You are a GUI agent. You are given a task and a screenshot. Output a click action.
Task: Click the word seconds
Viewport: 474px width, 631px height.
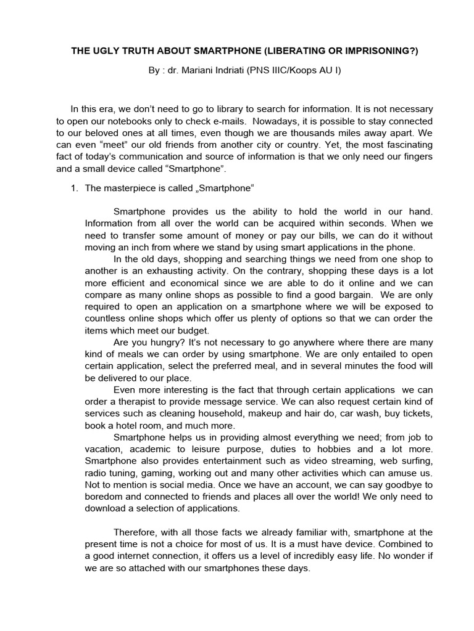click(x=368, y=223)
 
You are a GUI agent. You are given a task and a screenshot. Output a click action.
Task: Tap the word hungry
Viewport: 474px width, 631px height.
click(x=160, y=342)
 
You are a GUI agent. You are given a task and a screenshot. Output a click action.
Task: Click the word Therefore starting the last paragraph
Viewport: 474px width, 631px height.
click(x=138, y=532)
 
